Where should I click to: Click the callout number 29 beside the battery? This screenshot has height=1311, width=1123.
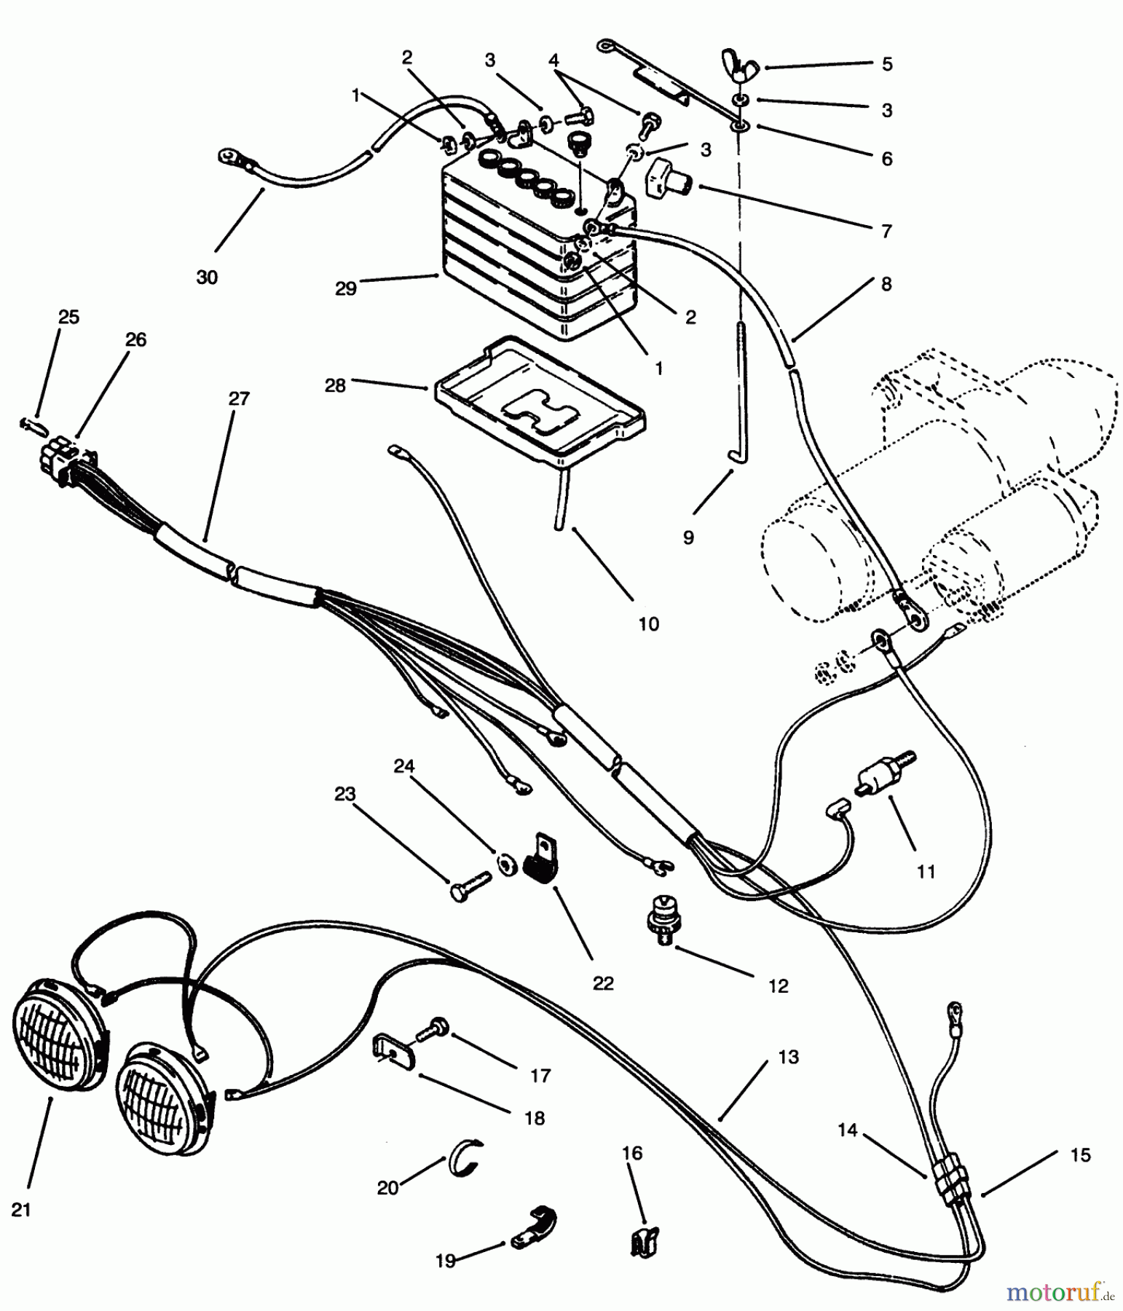tap(346, 288)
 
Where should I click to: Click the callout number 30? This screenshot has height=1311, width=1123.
tap(207, 277)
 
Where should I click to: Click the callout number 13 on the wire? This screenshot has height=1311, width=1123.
tap(788, 1057)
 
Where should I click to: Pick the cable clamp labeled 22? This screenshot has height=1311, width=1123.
tap(541, 859)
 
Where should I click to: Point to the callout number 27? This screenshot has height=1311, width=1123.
tap(238, 399)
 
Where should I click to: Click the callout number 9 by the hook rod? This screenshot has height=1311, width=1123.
tap(688, 538)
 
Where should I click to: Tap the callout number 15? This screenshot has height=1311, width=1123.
tap(1081, 1155)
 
